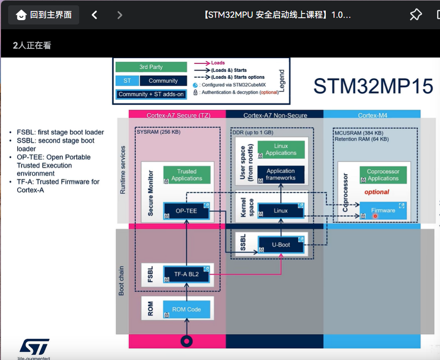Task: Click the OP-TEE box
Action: pos(187,211)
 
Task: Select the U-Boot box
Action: pos(281,245)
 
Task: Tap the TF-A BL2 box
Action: pos(187,274)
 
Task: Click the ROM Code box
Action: pos(187,309)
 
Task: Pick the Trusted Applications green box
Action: pos(187,175)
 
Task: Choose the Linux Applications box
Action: pos(281,150)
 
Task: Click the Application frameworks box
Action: pos(281,174)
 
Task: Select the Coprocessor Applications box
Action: pos(383,175)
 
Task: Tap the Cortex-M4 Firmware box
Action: pos(383,210)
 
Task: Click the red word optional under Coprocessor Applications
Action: pos(377,192)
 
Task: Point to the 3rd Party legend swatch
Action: pos(151,67)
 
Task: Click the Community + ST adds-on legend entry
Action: pos(151,94)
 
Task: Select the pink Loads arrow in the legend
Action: pos(202,63)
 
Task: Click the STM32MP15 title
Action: pos(373,86)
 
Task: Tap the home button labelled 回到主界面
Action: pos(44,14)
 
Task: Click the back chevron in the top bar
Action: pos(95,15)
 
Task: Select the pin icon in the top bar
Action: pos(416,14)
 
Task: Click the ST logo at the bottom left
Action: pos(34,347)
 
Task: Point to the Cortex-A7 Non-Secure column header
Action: pos(275,115)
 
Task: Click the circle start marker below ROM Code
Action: pos(187,341)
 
